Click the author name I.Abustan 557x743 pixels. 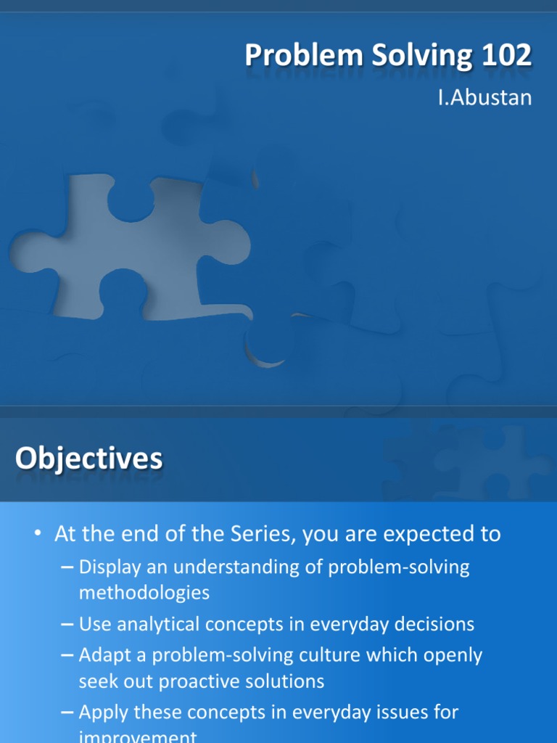point(484,97)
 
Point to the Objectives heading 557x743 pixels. point(89,459)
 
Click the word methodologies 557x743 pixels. point(144,592)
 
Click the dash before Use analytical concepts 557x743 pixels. point(67,624)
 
